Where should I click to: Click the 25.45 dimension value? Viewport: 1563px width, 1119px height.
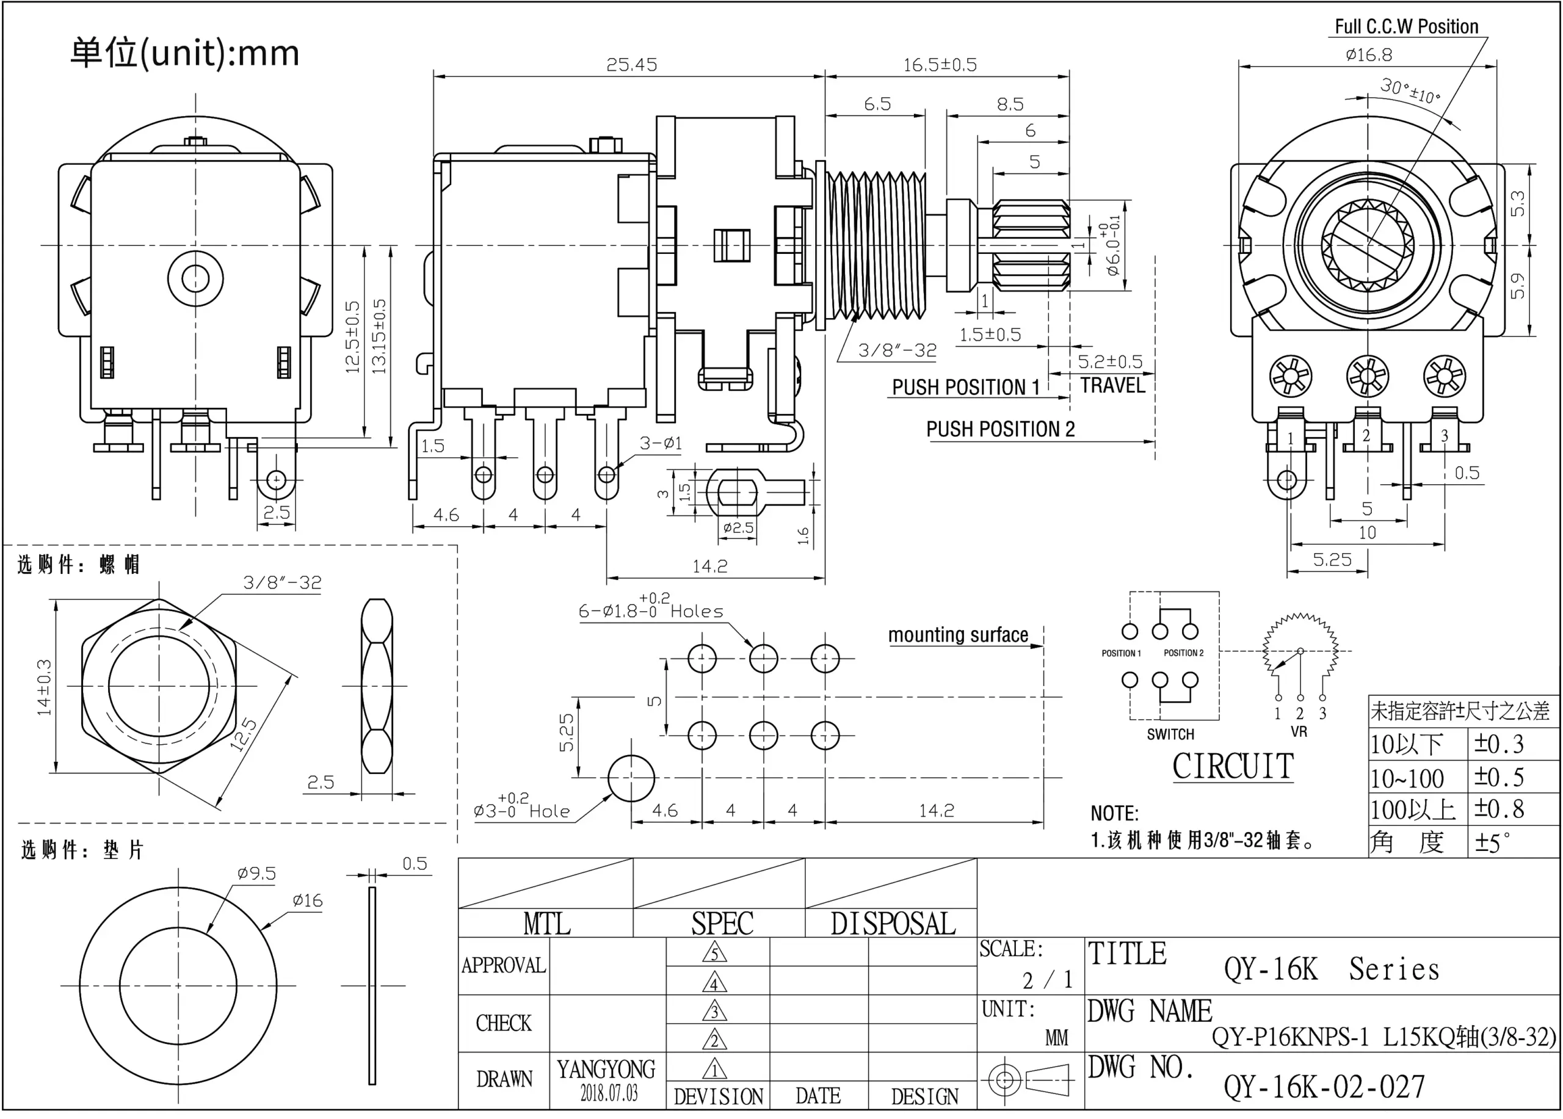tap(631, 65)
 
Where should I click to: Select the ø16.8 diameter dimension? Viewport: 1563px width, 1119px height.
tap(1368, 54)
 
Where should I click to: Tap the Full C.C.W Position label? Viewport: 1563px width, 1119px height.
tap(1406, 26)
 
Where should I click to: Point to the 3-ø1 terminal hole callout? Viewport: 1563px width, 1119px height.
tap(660, 443)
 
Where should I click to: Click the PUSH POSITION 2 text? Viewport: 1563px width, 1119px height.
tap(1000, 429)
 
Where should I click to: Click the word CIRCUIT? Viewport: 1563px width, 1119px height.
tap(1233, 766)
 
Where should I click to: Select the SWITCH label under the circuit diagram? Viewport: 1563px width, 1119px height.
tap(1170, 734)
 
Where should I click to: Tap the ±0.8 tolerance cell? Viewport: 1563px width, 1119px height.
tap(1498, 809)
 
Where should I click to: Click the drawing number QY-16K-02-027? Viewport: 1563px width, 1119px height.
tap(1324, 1087)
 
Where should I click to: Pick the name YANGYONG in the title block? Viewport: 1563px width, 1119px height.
tap(606, 1069)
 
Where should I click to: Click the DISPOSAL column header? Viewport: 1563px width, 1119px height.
tap(893, 923)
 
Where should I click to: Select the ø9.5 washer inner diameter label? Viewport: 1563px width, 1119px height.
tap(256, 874)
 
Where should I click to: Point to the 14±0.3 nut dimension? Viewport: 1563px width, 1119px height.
tap(44, 687)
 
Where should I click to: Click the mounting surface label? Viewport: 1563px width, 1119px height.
tap(957, 635)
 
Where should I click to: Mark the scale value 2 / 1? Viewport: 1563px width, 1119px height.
tap(1047, 979)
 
